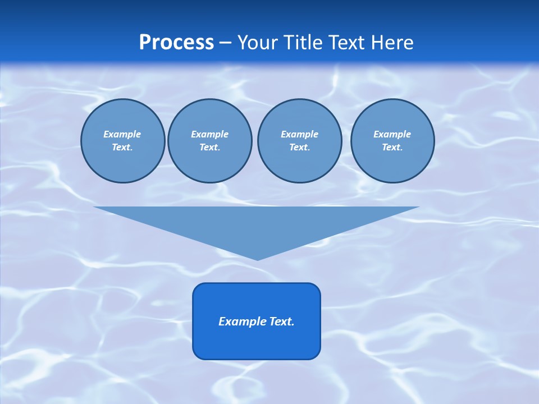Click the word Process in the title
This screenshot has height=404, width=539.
click(176, 43)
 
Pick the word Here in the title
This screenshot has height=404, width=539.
click(394, 43)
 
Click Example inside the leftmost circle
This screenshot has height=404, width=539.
click(122, 135)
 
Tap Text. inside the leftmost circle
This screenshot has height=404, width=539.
click(122, 148)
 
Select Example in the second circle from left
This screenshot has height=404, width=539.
click(210, 135)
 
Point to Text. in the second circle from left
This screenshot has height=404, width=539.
click(210, 148)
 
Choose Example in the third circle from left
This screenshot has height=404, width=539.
click(300, 135)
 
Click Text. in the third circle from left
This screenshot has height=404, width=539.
click(300, 148)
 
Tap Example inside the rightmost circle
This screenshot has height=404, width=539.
click(392, 135)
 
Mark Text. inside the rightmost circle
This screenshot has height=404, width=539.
click(392, 148)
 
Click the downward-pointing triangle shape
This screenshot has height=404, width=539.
click(257, 224)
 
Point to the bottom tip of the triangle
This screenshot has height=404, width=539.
click(257, 259)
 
